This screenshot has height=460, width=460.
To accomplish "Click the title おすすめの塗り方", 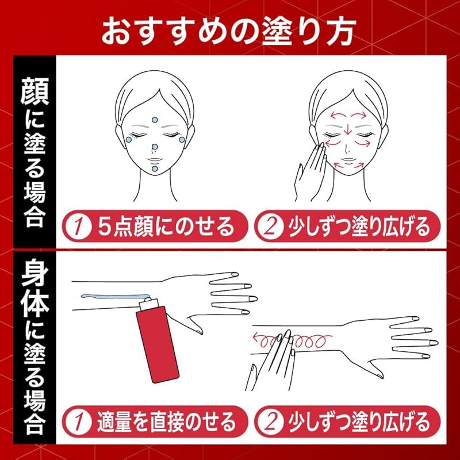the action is click(x=229, y=30).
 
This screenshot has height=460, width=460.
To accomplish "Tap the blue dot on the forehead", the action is click(x=155, y=120).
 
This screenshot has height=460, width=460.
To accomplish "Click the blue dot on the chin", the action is click(x=155, y=168).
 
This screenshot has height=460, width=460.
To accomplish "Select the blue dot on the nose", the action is click(x=155, y=147).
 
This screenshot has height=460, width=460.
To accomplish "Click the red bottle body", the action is click(x=158, y=344).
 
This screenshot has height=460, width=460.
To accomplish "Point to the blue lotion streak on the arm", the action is click(x=114, y=297).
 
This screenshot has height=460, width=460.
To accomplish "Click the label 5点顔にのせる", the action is click(x=166, y=226).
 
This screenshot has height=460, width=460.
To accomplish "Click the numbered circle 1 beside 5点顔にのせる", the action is click(x=78, y=226).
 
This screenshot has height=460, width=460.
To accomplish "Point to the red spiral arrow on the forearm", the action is click(x=293, y=340).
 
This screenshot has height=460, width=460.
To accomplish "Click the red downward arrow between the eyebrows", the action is click(x=348, y=128).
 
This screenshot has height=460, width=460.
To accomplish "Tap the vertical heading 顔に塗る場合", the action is click(x=34, y=152).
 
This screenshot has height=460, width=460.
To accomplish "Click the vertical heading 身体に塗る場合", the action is click(x=34, y=347).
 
